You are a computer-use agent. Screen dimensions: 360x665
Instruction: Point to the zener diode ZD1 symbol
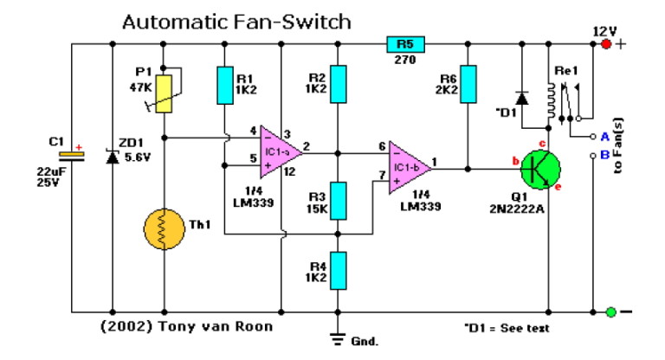tap(112, 156)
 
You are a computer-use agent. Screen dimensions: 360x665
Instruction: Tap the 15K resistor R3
tap(340, 201)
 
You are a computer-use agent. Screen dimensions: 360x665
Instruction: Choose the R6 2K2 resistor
tap(468, 86)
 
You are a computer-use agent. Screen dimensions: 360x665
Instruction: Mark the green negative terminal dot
tap(611, 312)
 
